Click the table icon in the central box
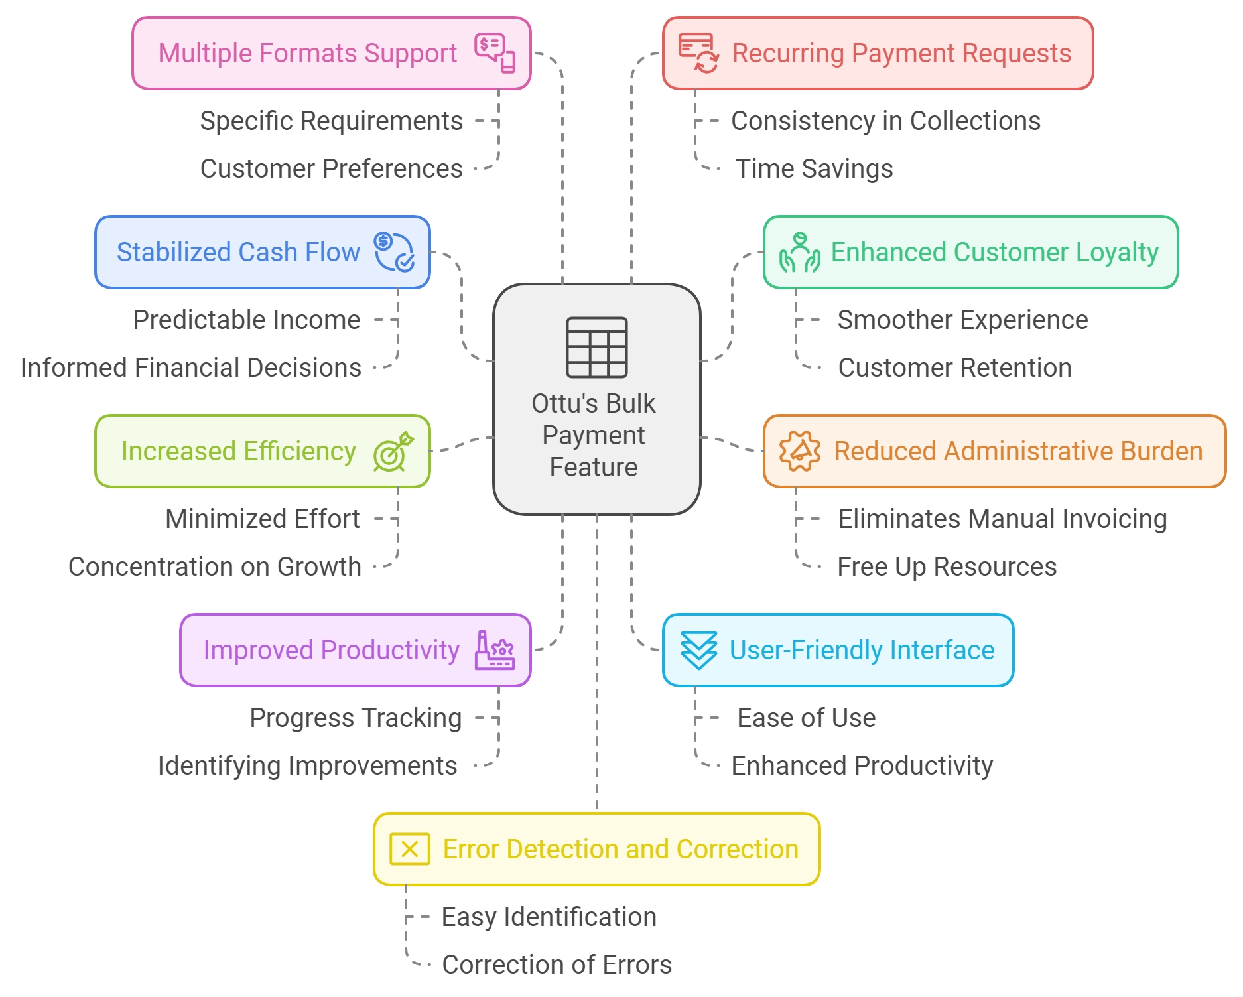[596, 347]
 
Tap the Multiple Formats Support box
[331, 53]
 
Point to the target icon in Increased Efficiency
[393, 452]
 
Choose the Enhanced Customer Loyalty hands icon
[799, 253]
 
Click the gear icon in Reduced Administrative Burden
[799, 451]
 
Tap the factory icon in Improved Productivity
[494, 650]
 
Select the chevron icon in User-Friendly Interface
[698, 650]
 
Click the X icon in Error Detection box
[409, 849]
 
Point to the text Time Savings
[814, 168]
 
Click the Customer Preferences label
[331, 168]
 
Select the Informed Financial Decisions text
[191, 367]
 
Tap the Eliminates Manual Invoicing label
[1002, 519]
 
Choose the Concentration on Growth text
[215, 566]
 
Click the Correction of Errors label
[556, 964]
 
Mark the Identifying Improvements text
[307, 765]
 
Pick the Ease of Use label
[806, 718]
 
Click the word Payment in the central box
[593, 435]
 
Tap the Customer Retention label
[954, 367]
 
